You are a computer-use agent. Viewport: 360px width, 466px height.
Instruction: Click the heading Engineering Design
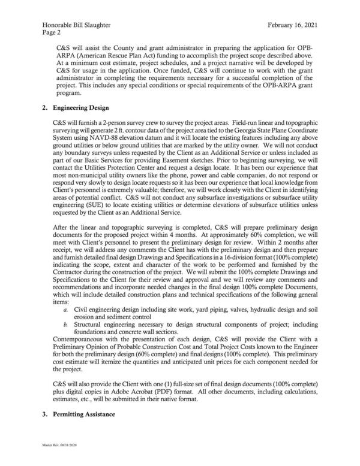point(81,107)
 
